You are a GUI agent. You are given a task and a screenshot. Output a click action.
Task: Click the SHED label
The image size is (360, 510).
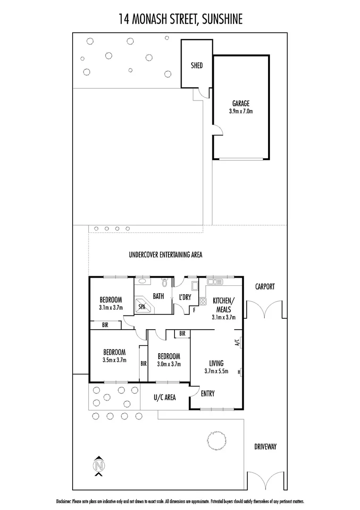197,65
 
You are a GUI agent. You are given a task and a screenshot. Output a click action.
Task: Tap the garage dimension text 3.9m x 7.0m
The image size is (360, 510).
241,112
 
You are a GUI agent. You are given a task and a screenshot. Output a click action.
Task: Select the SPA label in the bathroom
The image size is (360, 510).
142,306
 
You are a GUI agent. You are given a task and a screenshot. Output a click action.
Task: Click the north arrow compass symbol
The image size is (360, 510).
99,466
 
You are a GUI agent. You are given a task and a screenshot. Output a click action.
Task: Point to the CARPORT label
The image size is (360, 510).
265,286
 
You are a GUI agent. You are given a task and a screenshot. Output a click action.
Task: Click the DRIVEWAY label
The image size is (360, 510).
265,446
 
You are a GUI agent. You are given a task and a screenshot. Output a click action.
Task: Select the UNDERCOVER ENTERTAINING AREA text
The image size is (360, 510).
166,255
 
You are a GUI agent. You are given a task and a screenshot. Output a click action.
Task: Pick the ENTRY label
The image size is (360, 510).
208,393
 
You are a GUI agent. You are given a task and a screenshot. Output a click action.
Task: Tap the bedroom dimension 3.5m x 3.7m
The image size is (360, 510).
114,360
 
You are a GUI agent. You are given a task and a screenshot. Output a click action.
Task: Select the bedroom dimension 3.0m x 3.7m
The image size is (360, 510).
168,364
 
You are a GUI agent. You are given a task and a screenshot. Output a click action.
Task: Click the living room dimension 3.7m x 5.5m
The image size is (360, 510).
216,371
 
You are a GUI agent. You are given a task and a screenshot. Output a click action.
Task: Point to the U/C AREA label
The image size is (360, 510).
165,398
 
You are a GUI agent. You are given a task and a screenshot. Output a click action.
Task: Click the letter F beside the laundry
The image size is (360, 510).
194,310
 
